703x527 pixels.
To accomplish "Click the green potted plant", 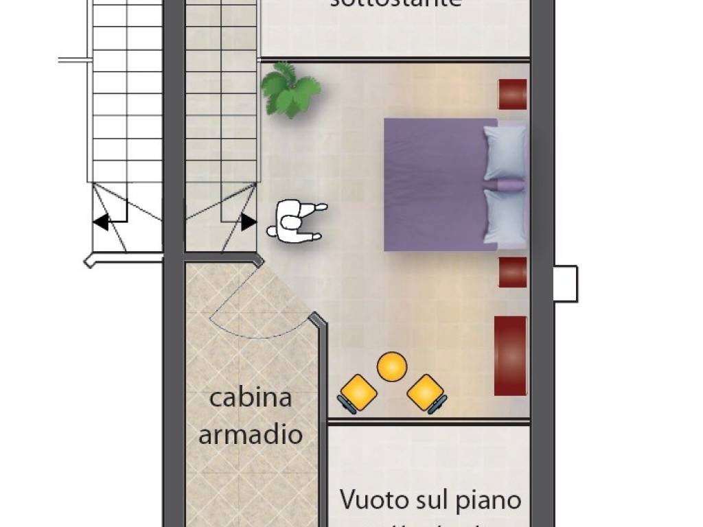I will click(290, 89).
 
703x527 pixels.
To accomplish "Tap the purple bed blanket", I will click(433, 184).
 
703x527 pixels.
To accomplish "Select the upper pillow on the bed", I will click(505, 152).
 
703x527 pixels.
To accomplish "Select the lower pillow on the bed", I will click(505, 216).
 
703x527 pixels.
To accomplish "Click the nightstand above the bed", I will click(512, 94).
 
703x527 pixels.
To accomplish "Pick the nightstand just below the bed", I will click(512, 272).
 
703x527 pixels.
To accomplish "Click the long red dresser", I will click(510, 355).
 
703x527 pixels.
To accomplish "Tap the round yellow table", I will click(392, 366).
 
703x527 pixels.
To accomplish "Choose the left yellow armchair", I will click(358, 395).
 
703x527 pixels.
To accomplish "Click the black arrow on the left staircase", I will click(101, 222).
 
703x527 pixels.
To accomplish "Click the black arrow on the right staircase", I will click(249, 222).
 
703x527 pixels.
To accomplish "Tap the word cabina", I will click(251, 398).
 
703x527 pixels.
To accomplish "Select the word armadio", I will click(251, 434).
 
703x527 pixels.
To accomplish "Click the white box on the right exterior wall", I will click(565, 283).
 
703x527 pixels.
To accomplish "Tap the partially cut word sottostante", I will click(395, 3).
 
